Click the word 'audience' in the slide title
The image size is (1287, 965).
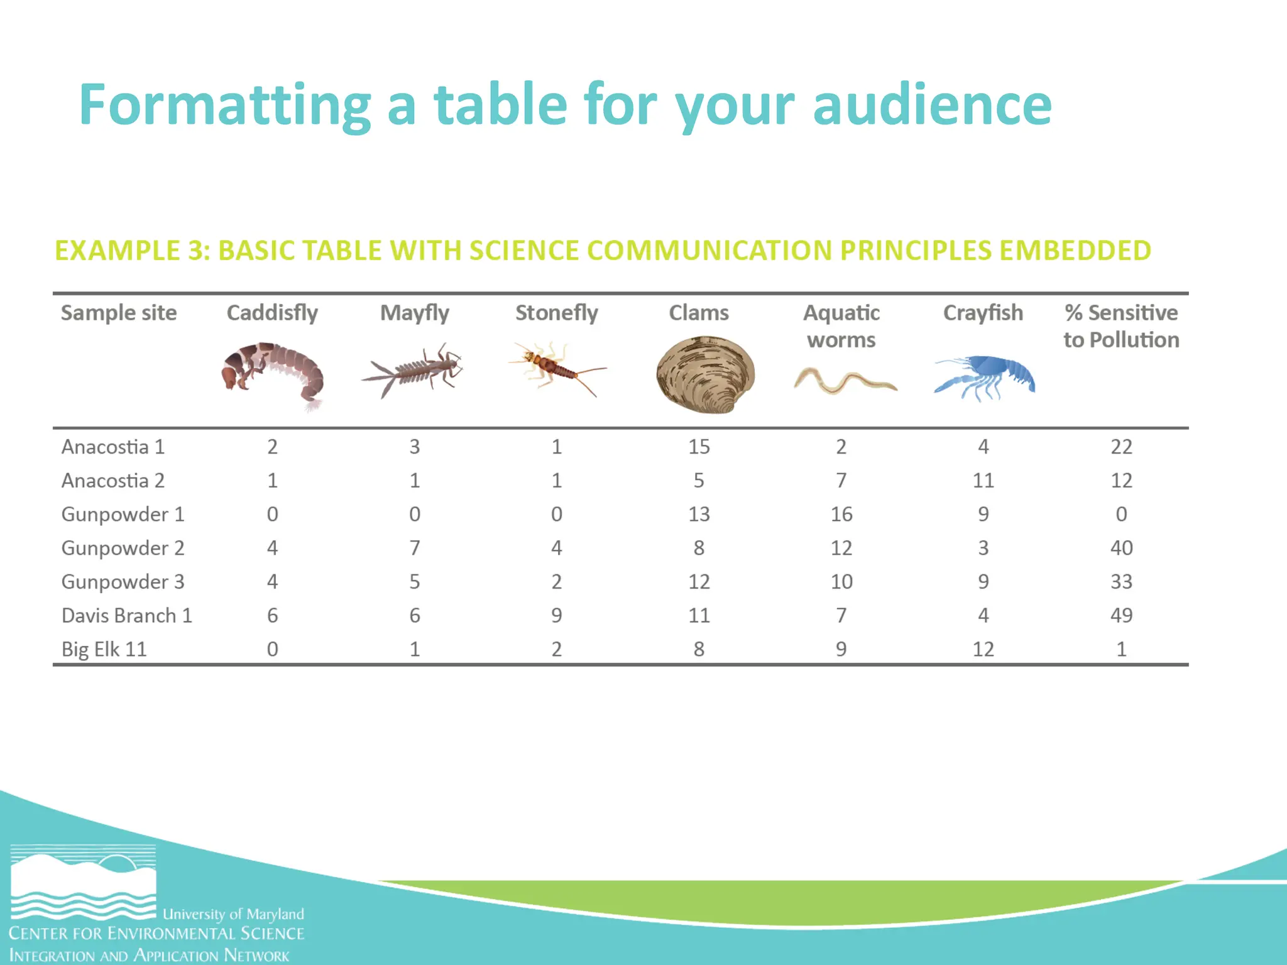click(932, 105)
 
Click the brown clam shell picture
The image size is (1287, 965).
click(705, 375)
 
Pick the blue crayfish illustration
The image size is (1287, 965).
click(985, 377)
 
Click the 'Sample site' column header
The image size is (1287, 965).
click(119, 313)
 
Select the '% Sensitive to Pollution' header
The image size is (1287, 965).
click(1121, 326)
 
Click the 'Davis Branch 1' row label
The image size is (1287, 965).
click(126, 616)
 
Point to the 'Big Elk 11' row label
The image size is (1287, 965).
click(104, 649)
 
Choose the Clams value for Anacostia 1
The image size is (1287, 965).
click(699, 447)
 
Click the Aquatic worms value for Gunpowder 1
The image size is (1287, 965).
click(841, 515)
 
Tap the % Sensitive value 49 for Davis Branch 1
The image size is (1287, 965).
click(1121, 616)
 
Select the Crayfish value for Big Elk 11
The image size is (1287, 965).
click(983, 649)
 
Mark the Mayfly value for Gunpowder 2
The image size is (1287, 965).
click(415, 548)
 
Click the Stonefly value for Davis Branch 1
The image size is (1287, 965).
click(557, 616)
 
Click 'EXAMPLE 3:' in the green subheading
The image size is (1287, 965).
click(132, 251)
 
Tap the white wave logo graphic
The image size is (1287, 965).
click(83, 883)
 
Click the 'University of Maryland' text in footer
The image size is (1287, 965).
click(233, 914)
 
